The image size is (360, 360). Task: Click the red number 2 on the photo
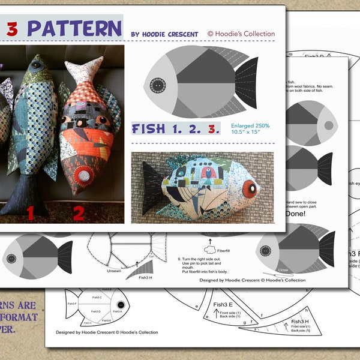click(78, 212)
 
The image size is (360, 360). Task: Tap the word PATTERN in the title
click(74, 28)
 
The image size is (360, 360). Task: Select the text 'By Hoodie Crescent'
click(165, 34)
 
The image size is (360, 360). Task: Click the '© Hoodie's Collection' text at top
click(241, 34)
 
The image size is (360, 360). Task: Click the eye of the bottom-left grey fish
click(10, 259)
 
